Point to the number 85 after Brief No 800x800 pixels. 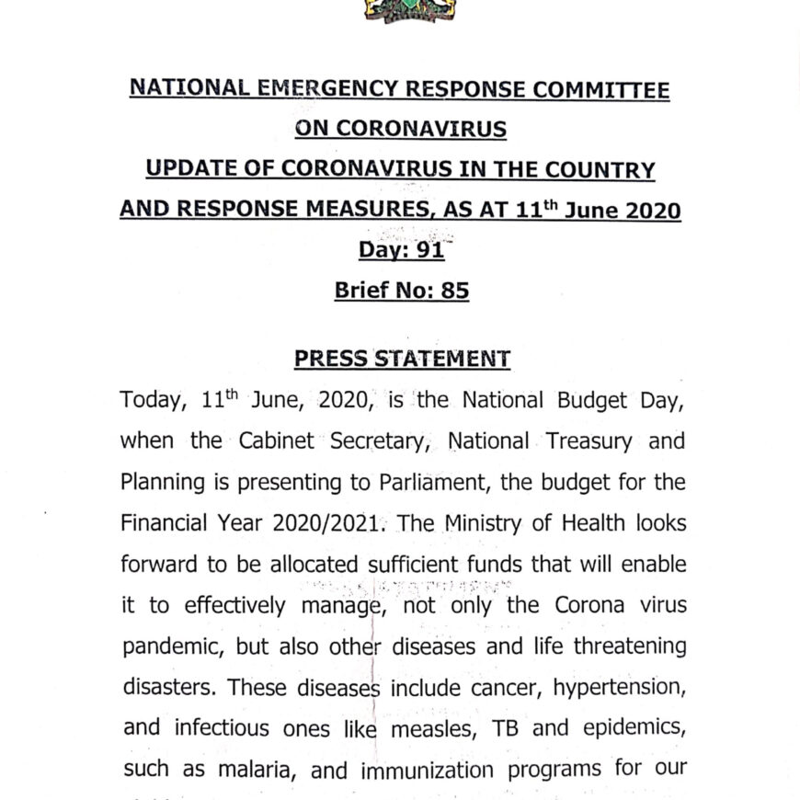(x=454, y=291)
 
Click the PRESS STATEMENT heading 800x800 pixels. (x=402, y=359)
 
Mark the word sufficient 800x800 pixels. (x=419, y=565)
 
